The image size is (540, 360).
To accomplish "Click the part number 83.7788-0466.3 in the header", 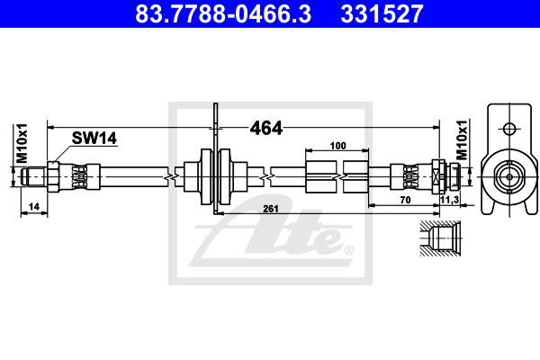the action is pos(223,13).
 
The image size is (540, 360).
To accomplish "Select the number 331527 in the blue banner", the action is pos(382,13).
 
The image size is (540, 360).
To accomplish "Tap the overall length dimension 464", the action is pos(266,128).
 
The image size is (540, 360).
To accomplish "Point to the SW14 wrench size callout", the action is pos(94,138).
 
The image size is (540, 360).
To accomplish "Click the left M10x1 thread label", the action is pos(22,143).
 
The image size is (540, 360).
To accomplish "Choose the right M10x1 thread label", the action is pos(462,140).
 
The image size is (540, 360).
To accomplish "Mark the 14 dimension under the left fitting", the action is pos(34,206).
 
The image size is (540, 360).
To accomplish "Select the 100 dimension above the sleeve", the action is pos(337,146).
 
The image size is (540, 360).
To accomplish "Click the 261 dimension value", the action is pos(271,209).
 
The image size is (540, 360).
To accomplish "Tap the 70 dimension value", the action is pos(405,200).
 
